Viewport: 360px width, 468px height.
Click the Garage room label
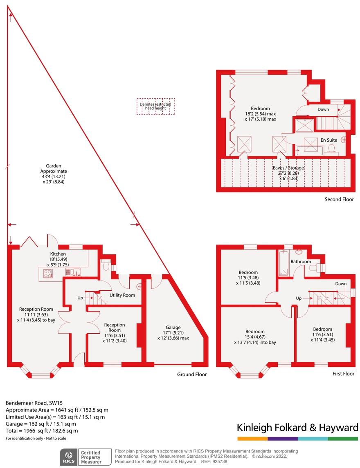[173, 328]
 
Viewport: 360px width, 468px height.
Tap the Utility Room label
[122, 295]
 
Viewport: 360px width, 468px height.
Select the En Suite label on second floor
[329, 140]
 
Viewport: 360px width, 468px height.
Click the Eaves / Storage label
[288, 168]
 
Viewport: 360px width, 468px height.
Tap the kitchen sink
[75, 271]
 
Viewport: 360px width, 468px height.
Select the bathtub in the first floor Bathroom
[283, 264]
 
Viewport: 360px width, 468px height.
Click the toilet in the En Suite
[331, 148]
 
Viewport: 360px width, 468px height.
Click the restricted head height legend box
[155, 106]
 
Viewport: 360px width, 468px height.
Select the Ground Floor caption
[191, 374]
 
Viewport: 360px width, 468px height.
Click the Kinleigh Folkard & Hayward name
[297, 428]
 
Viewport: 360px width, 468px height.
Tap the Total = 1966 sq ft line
[42, 430]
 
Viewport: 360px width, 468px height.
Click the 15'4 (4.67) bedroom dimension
[255, 337]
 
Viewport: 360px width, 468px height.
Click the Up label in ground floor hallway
[80, 298]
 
